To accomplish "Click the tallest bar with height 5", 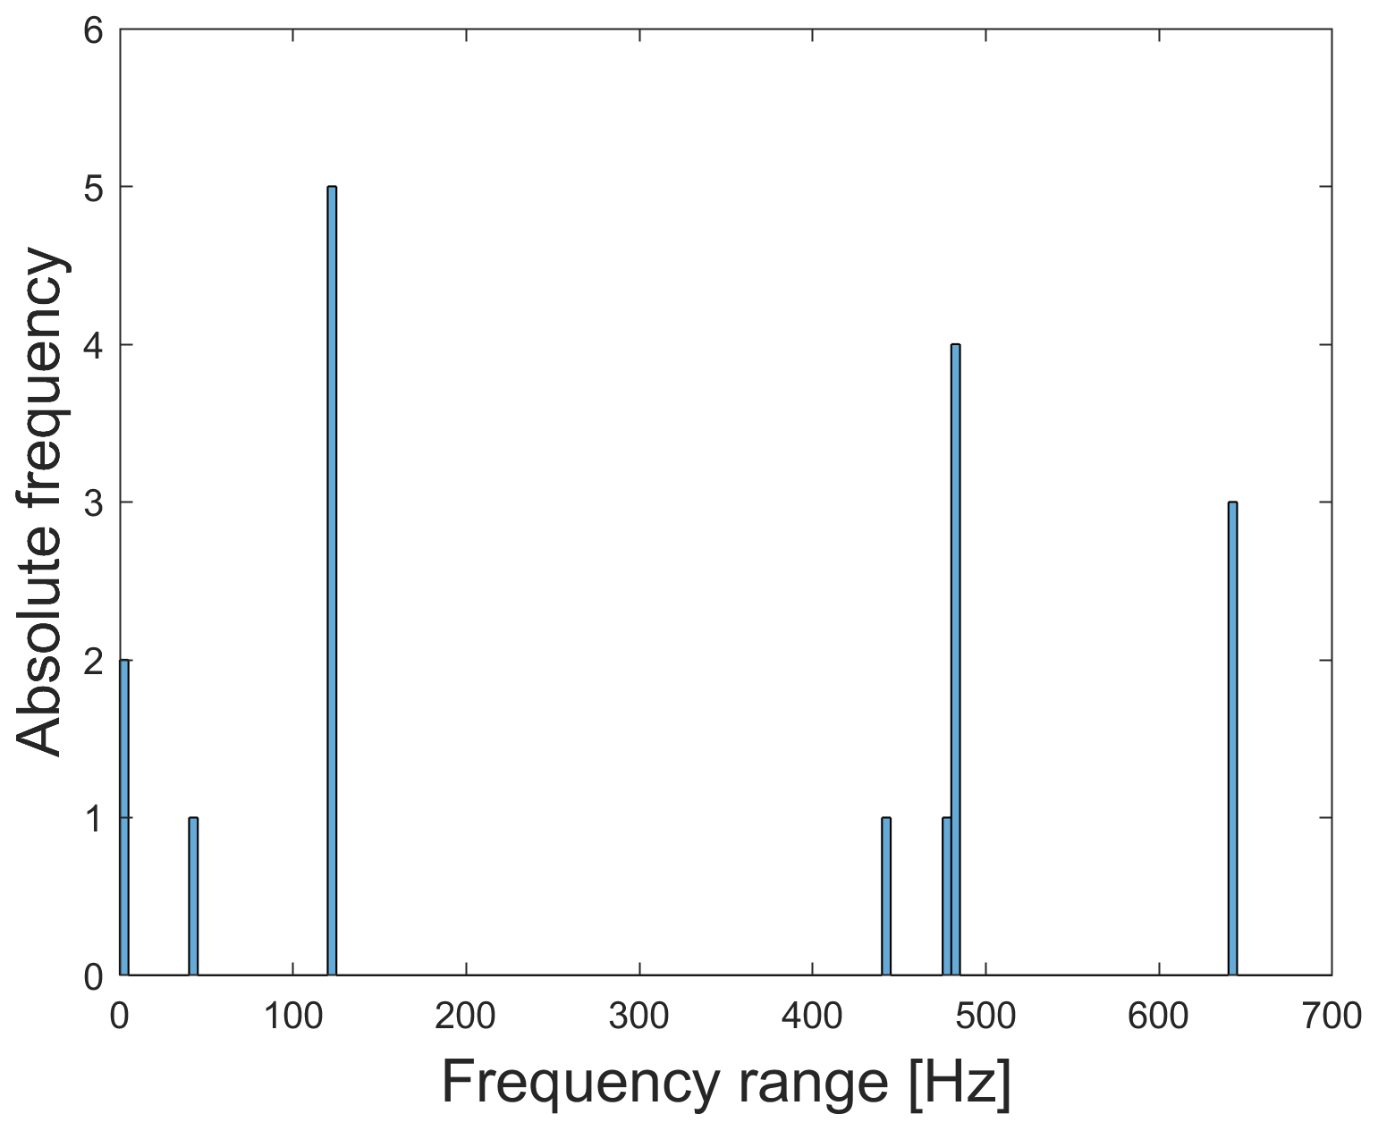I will coord(332,581).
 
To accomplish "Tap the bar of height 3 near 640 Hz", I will coord(1232,739).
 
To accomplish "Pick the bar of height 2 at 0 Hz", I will coord(124,817).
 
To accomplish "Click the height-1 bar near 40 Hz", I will coord(193,896).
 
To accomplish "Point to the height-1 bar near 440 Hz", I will coord(886,896).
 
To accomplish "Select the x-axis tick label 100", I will coord(293,1016).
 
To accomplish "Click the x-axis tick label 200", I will coord(466,1016).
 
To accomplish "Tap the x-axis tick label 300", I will coord(639,1016).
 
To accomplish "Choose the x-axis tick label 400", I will coord(812,1016).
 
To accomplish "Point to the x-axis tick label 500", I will coord(985,1016).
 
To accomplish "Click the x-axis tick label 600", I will coord(1159,1016).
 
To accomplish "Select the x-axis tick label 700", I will coord(1332,1016).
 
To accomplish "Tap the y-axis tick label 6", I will coord(94,30).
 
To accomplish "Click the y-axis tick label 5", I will coord(94,188).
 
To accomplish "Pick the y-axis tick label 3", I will coord(94,503).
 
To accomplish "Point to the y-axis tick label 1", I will coord(94,819).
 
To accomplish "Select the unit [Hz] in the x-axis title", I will coord(960,1083).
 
